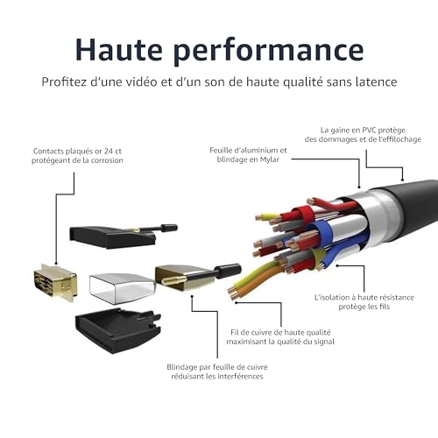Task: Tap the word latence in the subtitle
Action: tap(372, 81)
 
